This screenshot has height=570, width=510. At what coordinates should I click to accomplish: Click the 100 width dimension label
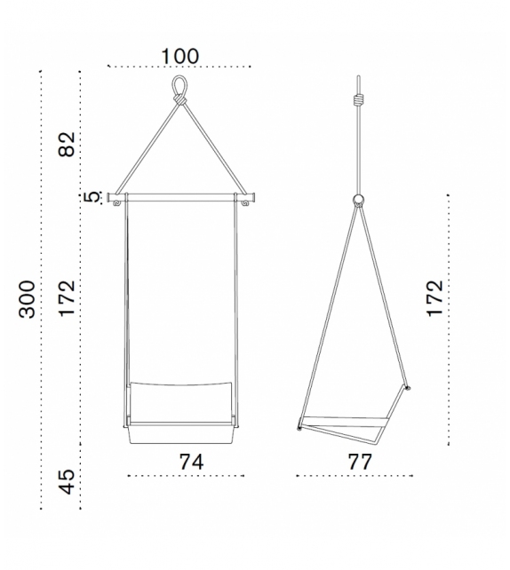[179, 55]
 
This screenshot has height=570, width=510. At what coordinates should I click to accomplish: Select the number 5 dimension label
[89, 197]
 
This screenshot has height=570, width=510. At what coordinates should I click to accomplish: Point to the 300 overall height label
[28, 299]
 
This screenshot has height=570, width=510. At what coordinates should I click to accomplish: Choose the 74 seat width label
[191, 462]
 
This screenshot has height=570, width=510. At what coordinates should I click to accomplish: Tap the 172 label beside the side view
[434, 299]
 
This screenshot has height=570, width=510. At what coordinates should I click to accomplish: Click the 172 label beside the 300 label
[68, 299]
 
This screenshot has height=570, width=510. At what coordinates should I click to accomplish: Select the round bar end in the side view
[358, 199]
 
